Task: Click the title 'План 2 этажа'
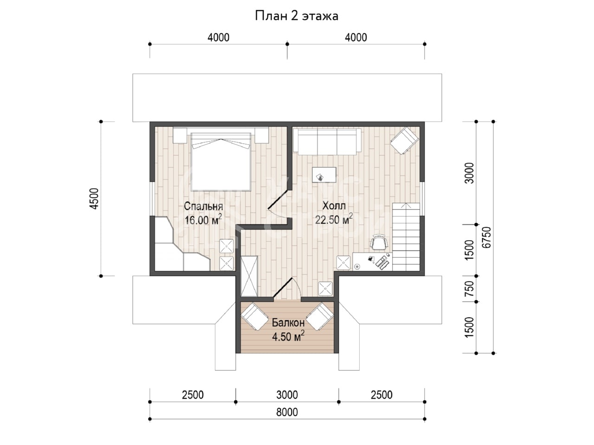297,16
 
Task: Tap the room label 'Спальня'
203,206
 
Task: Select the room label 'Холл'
334,206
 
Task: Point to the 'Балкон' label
288,323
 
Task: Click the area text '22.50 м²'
334,219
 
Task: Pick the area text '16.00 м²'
203,219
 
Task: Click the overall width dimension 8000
287,412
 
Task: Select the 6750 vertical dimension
486,237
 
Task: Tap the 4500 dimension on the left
95,198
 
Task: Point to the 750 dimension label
469,289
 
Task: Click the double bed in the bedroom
221,162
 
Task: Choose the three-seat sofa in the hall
327,141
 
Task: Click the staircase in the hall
406,237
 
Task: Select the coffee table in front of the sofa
324,175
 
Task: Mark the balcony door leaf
283,287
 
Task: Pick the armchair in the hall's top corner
404,140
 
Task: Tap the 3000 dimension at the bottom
287,395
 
